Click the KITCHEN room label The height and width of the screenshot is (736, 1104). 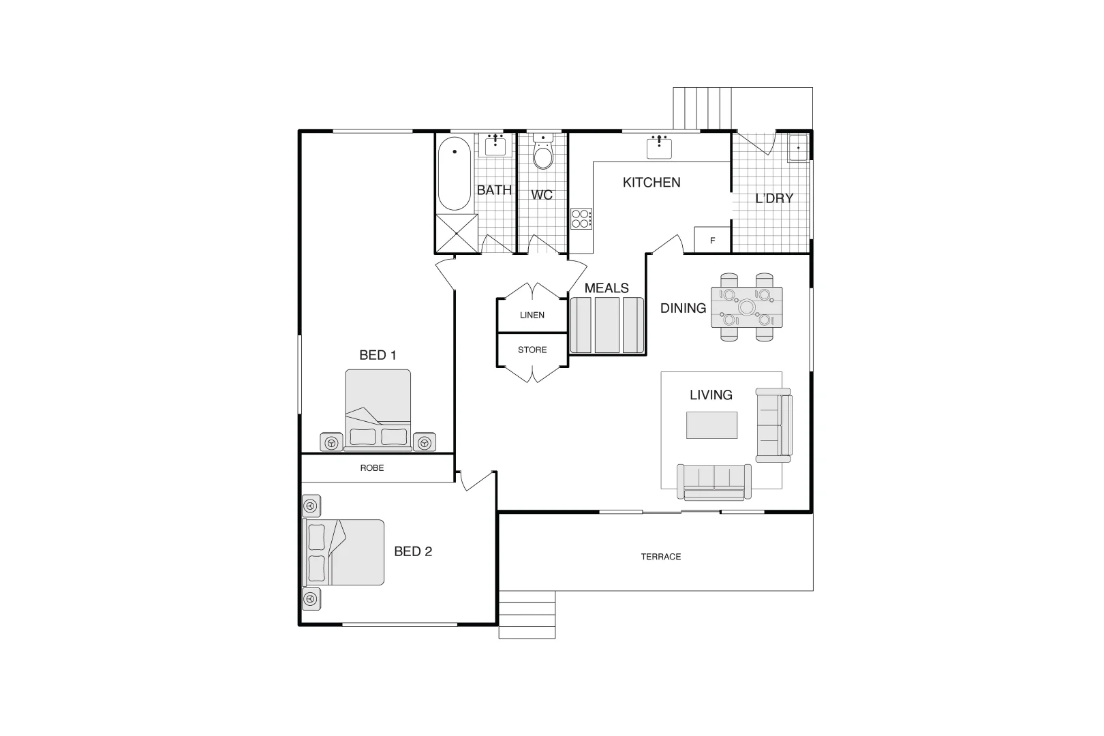[651, 183]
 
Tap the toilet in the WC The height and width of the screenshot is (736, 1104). [542, 151]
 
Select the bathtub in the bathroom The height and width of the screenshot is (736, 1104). [455, 174]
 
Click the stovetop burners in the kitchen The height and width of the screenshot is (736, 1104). [581, 219]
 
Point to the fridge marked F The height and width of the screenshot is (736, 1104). [712, 240]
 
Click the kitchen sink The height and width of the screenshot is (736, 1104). [659, 147]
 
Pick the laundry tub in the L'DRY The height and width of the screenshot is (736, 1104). [798, 147]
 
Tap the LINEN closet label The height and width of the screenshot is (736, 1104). [532, 315]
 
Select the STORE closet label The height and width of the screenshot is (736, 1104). [532, 350]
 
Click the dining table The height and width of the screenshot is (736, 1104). [747, 307]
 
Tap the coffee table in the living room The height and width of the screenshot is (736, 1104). [711, 425]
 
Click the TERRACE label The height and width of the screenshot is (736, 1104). [661, 557]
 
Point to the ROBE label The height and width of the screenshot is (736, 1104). [372, 467]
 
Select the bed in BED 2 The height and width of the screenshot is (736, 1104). [343, 552]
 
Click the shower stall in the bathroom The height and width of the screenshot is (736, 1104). [457, 234]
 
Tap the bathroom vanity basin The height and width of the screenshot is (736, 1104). [495, 145]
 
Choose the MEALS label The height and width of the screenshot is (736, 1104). [607, 288]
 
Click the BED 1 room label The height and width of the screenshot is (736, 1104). [378, 355]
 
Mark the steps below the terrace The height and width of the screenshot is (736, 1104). [527, 615]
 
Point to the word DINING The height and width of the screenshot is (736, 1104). [683, 308]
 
